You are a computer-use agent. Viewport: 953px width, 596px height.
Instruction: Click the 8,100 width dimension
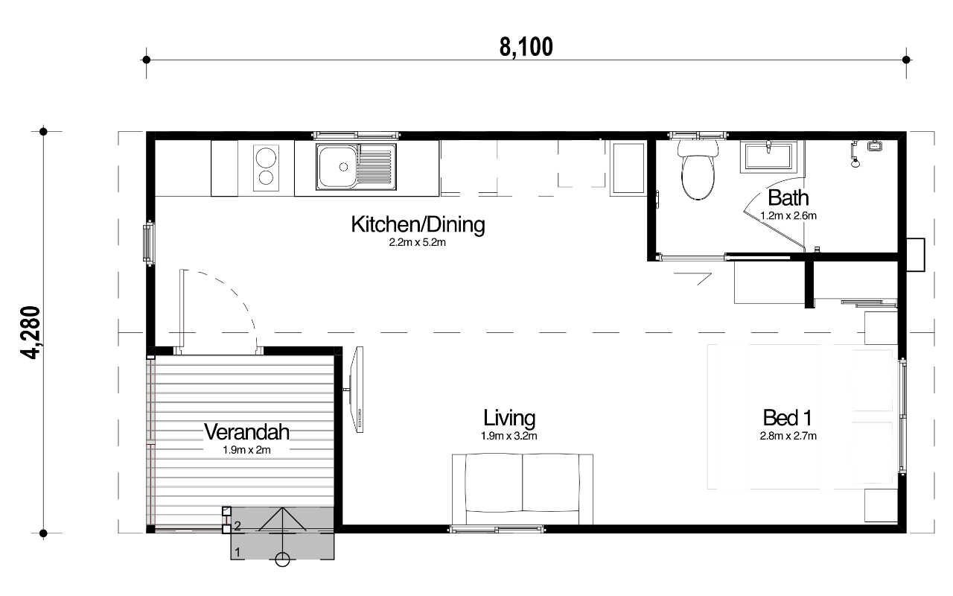(x=526, y=47)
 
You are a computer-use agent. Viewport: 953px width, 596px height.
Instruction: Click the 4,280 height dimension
(x=31, y=332)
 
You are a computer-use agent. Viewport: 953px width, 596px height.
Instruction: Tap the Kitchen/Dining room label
(x=418, y=224)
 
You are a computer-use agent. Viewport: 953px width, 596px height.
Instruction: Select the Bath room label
(x=788, y=198)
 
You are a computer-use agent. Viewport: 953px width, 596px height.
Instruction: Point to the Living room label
(x=509, y=418)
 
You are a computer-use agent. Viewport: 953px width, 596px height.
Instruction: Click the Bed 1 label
(x=788, y=418)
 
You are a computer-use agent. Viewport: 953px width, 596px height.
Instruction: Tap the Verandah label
(x=246, y=432)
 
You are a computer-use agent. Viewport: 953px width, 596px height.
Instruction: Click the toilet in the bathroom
(x=698, y=171)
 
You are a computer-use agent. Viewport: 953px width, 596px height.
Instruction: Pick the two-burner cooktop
(x=266, y=168)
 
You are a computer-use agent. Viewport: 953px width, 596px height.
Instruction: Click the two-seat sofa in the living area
(x=523, y=489)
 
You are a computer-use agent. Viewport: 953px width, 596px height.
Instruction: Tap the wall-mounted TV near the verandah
(x=357, y=390)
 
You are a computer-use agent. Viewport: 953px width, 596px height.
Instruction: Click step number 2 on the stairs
(x=238, y=526)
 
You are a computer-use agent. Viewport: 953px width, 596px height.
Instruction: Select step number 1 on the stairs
(x=238, y=552)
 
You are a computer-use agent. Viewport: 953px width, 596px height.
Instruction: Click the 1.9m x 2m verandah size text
(x=246, y=450)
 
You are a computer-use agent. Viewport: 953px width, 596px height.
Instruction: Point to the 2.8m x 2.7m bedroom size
(x=788, y=436)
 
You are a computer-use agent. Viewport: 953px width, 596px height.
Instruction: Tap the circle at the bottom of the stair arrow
(x=282, y=559)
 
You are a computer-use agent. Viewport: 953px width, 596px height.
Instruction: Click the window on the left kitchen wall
(x=148, y=243)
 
